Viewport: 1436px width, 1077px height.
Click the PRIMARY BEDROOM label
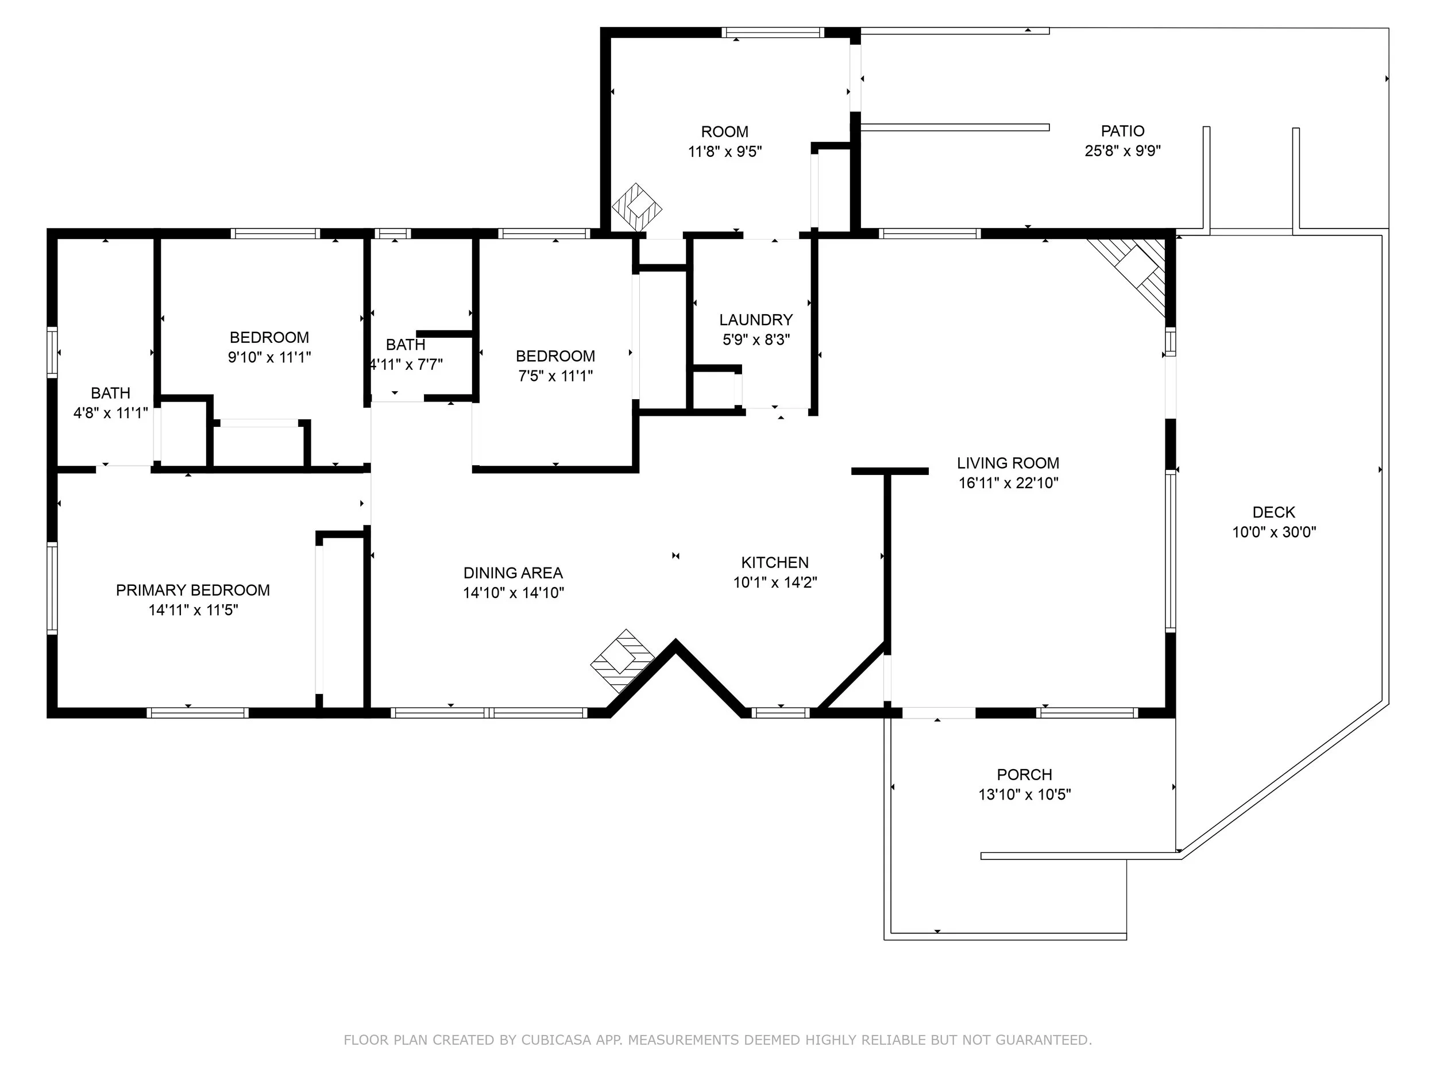193,590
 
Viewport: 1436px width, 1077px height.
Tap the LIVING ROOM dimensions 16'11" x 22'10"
1008,483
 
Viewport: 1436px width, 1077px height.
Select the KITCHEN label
775,562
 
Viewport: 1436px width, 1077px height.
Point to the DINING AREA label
513,573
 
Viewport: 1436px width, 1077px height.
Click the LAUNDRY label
756,319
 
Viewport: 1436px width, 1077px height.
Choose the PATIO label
1122,131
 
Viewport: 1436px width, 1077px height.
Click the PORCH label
1024,774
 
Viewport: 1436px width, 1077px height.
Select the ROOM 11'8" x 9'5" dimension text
724,152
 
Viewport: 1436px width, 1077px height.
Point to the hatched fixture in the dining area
622,661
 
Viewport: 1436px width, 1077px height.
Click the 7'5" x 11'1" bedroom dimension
555,376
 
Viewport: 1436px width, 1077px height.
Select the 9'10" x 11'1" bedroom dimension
269,357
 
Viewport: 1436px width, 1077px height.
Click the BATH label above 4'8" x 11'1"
110,393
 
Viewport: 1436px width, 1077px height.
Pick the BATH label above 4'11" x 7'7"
406,344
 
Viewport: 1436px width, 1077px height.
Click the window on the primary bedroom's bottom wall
198,713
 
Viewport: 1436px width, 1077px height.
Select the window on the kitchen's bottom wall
780,713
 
